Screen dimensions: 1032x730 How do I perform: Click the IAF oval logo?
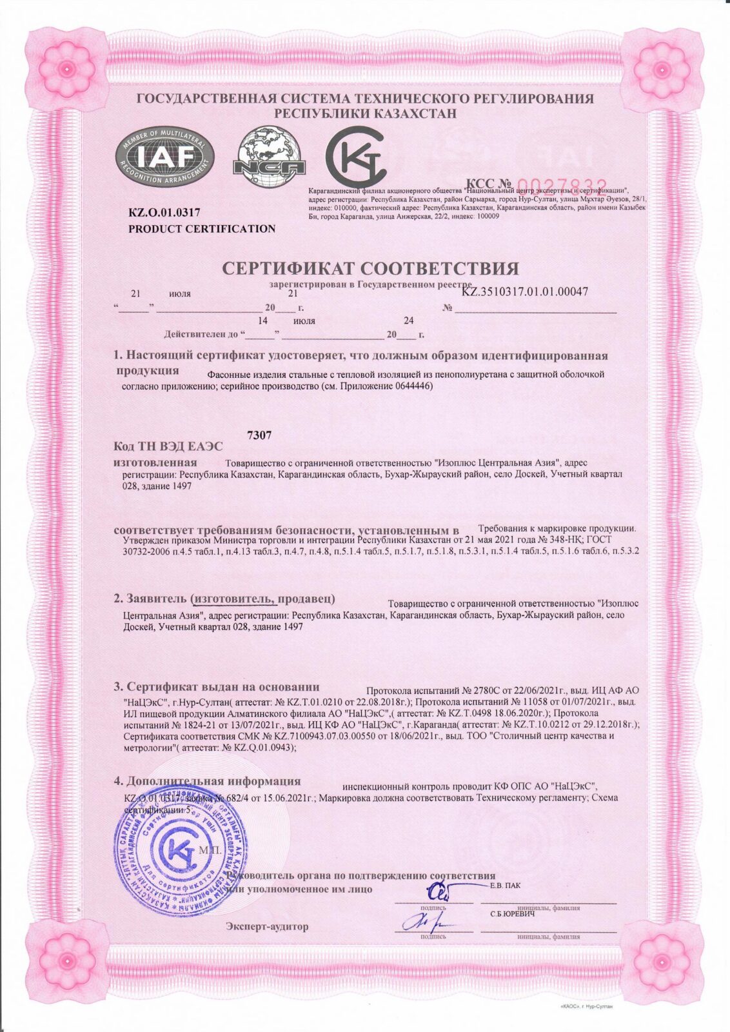coord(165,158)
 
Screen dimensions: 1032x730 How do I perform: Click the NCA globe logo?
coord(269,157)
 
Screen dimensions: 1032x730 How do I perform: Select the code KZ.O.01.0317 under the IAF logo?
coord(164,212)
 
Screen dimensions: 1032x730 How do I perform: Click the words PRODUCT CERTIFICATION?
coord(202,229)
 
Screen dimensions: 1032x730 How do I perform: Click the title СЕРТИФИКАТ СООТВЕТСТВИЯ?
coord(370,268)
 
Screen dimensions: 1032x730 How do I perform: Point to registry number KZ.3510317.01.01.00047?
coord(525,292)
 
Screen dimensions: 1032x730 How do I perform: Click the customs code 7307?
coord(259,435)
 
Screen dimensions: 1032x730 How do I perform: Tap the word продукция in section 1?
coord(148,370)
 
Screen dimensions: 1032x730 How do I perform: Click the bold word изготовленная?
coord(155,462)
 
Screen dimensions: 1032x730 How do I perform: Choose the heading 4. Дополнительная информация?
coord(208,781)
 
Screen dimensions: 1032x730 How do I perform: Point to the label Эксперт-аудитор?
coord(267,926)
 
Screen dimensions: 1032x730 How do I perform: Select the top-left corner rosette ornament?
coord(66,67)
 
